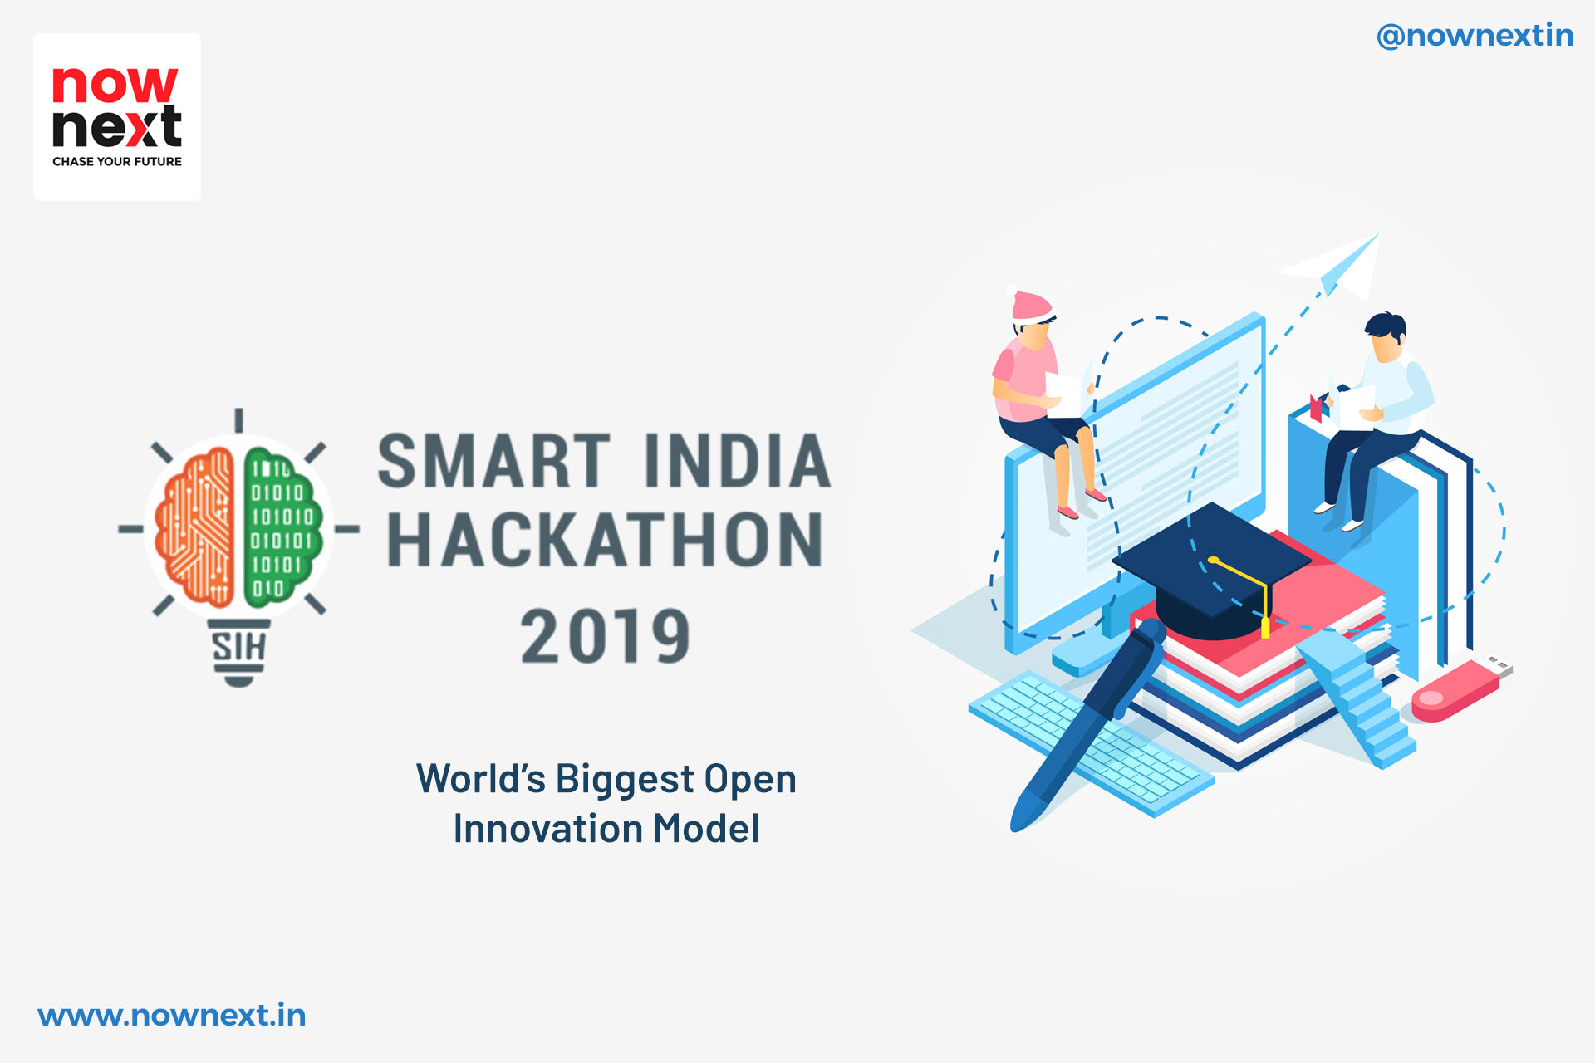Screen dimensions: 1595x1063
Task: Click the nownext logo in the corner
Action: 117,117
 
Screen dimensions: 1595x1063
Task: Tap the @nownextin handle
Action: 1475,36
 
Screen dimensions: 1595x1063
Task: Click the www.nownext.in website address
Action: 172,1015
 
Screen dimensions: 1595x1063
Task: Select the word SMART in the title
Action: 494,461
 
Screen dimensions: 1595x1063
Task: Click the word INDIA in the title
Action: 737,461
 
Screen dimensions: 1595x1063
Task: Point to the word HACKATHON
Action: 605,540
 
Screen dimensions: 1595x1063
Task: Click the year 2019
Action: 605,636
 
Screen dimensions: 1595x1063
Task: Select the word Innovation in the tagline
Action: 547,828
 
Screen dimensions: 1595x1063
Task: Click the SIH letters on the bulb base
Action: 238,647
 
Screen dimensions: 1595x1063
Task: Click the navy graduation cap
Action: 1212,573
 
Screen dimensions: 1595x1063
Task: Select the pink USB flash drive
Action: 1461,689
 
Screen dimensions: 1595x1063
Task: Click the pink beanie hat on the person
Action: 1031,306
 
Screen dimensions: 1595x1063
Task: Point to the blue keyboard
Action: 1090,744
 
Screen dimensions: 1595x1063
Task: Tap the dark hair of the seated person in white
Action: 1386,326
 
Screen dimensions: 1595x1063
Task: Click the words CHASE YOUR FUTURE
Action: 117,161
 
